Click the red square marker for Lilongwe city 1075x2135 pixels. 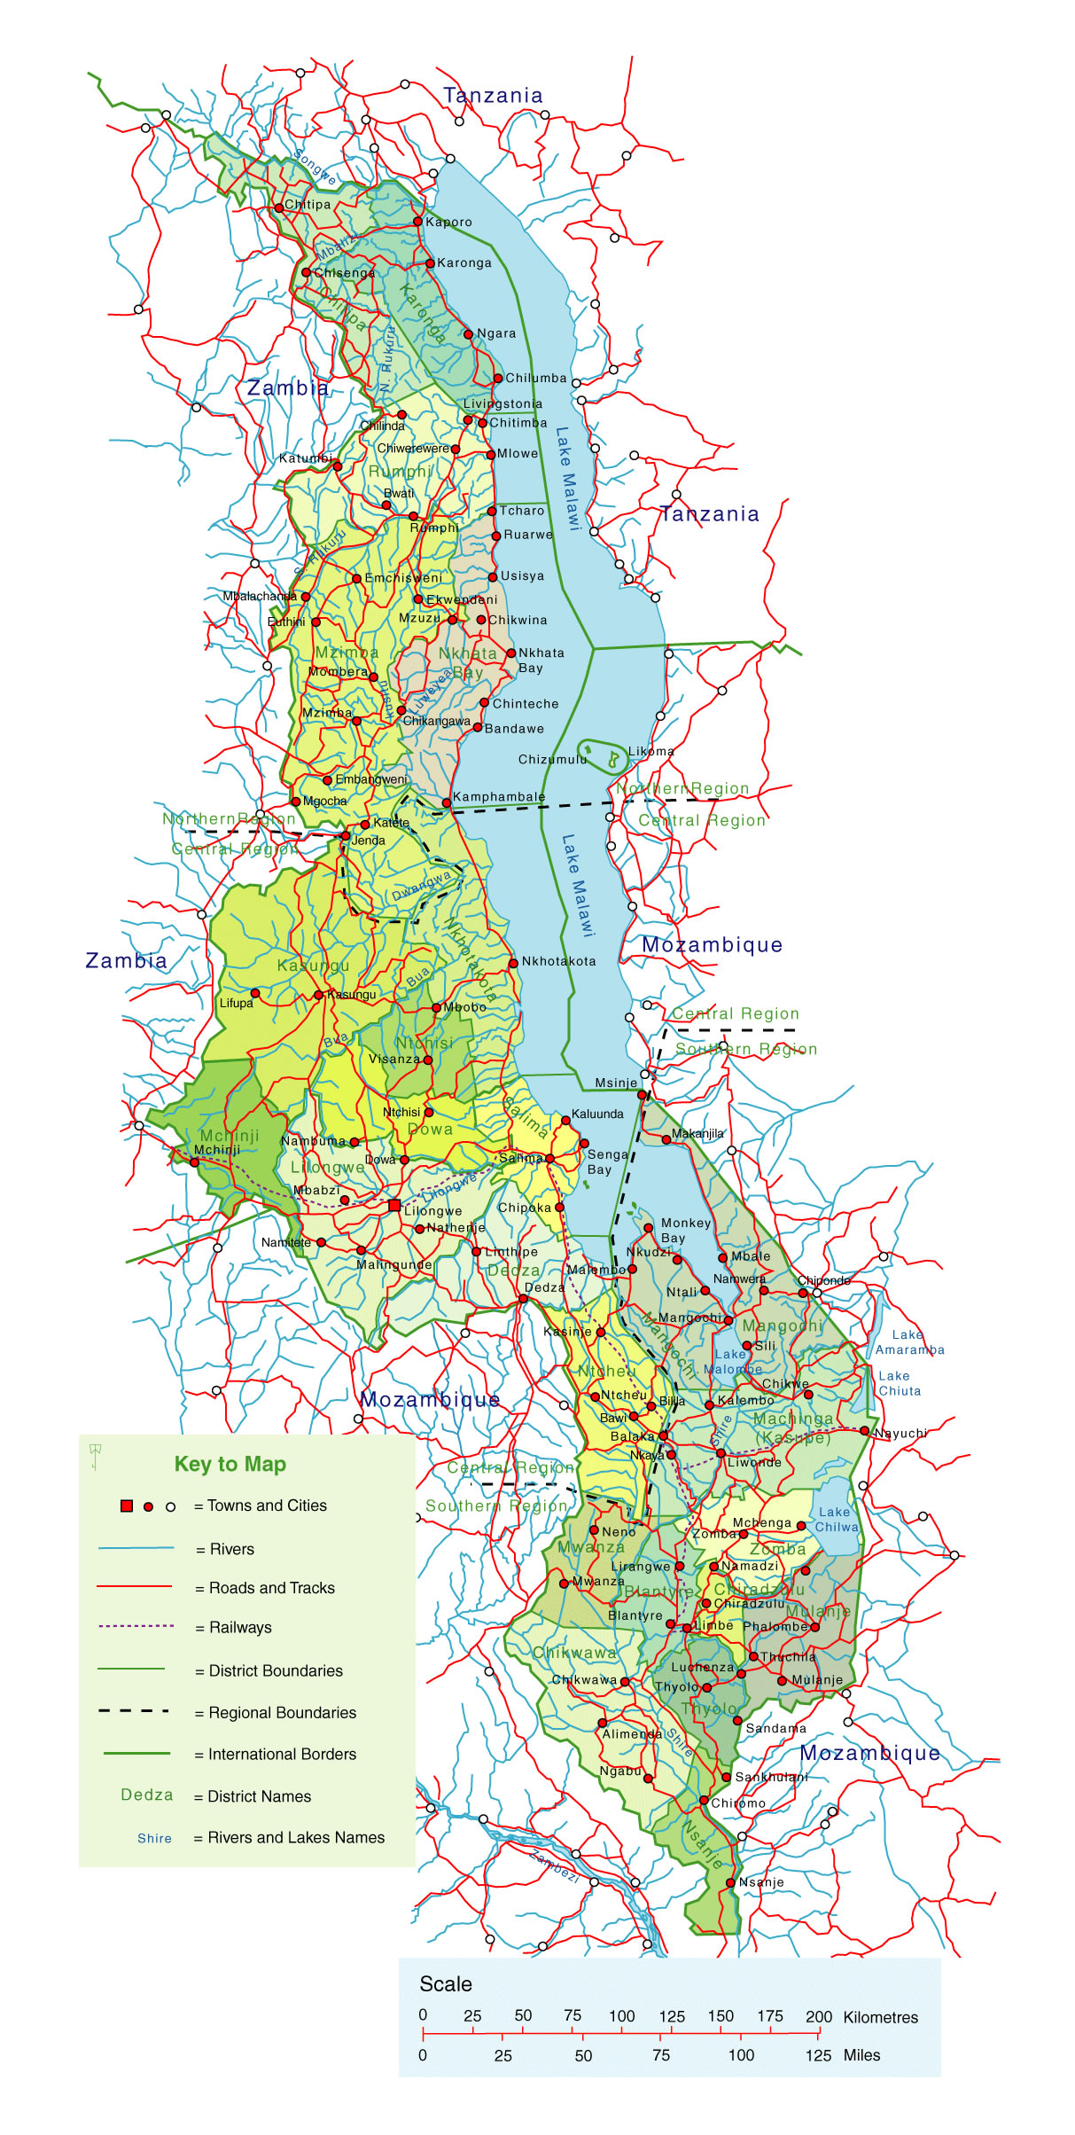click(x=394, y=1205)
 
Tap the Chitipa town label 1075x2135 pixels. click(x=308, y=204)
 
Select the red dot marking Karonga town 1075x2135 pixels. click(x=430, y=263)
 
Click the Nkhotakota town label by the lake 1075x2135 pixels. click(x=558, y=961)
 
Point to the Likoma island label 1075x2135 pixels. click(x=650, y=751)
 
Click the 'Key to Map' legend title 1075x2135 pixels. click(x=230, y=1464)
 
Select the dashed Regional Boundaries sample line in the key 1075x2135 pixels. click(x=134, y=1711)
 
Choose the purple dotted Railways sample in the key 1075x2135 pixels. click(x=136, y=1626)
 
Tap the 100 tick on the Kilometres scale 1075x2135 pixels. click(x=621, y=2016)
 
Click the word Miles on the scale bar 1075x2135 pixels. click(x=861, y=2055)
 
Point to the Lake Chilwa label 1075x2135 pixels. click(x=836, y=1519)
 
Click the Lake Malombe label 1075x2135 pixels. click(x=732, y=1361)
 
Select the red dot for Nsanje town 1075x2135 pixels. click(x=730, y=1882)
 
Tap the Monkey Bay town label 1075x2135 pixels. click(x=685, y=1230)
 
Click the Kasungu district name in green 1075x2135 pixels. click(x=313, y=966)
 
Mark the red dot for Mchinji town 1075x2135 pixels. click(x=195, y=1162)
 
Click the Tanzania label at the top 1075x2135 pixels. click(x=493, y=95)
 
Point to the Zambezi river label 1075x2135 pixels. click(x=554, y=1867)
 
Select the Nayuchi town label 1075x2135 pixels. click(x=901, y=1433)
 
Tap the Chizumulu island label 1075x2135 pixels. click(x=552, y=759)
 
